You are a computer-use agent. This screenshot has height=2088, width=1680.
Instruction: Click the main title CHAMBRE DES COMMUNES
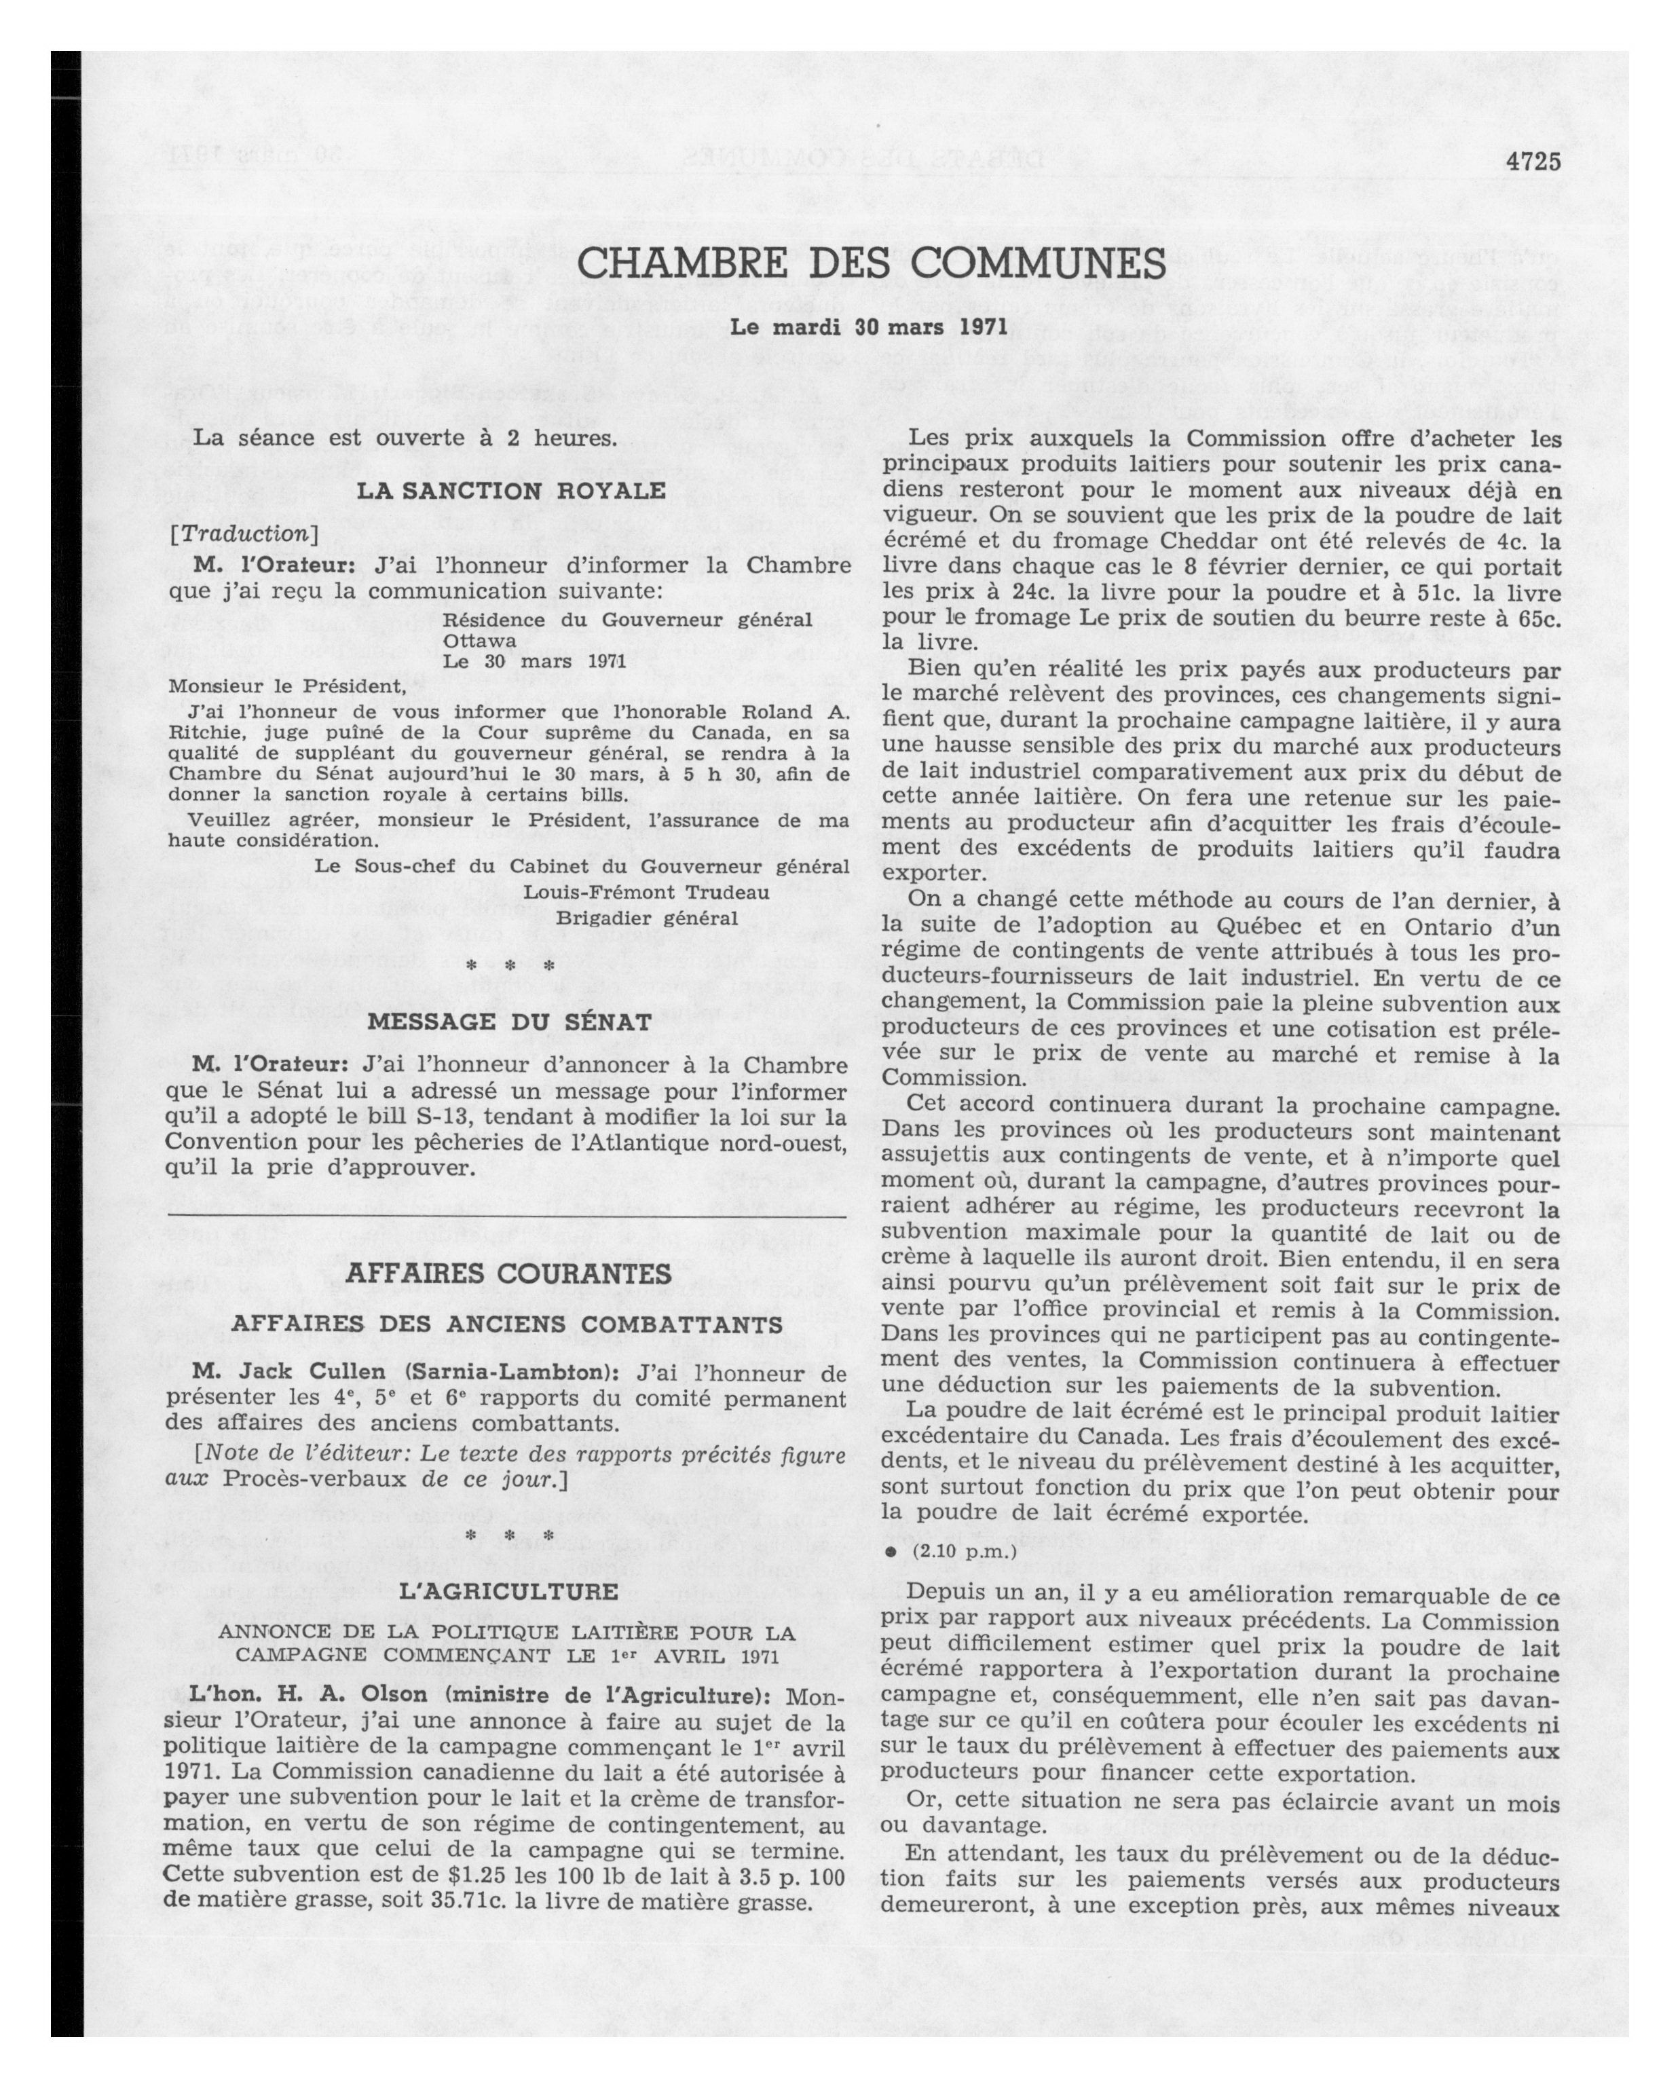point(872,264)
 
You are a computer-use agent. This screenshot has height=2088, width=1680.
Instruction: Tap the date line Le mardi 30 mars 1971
point(855,327)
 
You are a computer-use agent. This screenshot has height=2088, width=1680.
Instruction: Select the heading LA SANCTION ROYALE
point(511,491)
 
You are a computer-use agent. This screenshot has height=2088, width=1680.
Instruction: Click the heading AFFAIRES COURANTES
point(508,1273)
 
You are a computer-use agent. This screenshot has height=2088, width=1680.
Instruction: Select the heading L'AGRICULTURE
point(508,1591)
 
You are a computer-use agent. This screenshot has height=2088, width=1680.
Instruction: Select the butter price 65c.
point(1534,617)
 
